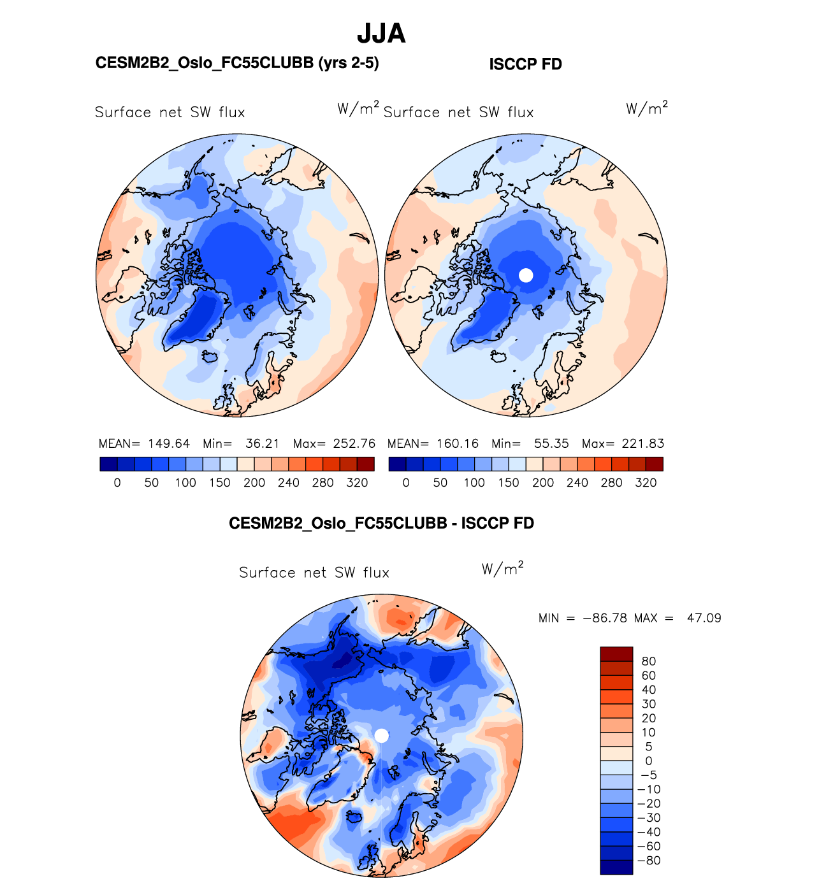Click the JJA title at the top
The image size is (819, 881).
point(381,34)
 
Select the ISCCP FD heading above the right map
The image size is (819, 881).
point(525,64)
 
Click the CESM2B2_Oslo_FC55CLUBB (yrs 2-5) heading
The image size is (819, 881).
point(237,63)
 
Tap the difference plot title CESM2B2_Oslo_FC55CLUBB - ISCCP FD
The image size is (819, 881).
point(381,524)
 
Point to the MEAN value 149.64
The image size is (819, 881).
point(169,444)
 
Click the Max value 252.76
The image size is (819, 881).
point(354,444)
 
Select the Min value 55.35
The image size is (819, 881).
point(551,444)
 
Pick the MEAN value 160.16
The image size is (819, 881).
point(458,444)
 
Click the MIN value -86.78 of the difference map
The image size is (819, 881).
point(605,619)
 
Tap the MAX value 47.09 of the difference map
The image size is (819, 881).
point(704,619)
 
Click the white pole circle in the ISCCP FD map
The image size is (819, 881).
point(526,275)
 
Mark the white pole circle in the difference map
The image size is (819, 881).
point(381,736)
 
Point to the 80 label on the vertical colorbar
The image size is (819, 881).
point(649,662)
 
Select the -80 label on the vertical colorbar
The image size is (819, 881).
point(649,861)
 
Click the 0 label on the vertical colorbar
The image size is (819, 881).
point(649,761)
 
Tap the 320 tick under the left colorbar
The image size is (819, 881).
point(357,483)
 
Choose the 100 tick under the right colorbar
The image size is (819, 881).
point(474,483)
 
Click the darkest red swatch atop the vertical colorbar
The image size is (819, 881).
point(616,654)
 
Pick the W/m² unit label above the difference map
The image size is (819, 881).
point(503,568)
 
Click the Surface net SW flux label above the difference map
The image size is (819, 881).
point(314,573)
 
